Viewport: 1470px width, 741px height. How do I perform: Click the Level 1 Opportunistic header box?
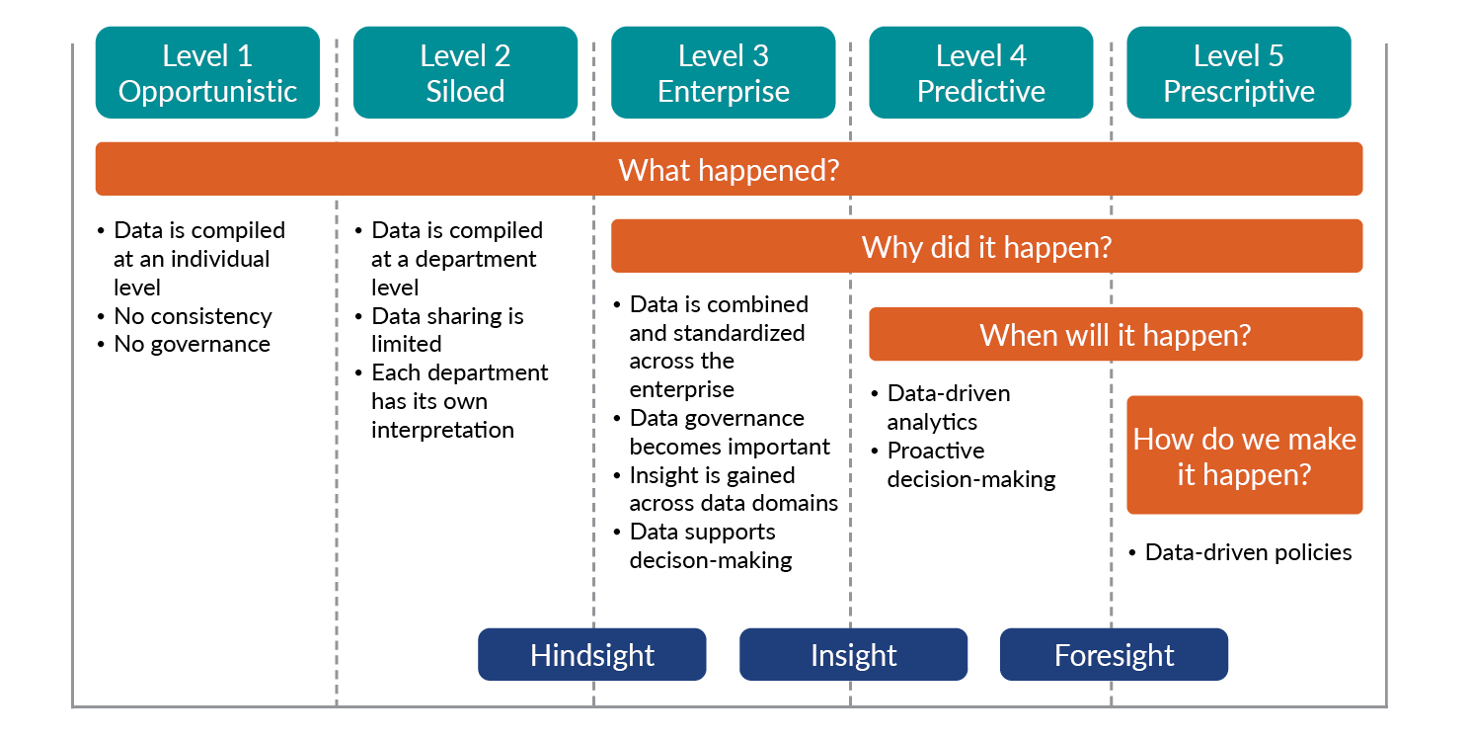(x=207, y=73)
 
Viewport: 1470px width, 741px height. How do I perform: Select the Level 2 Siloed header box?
(x=465, y=73)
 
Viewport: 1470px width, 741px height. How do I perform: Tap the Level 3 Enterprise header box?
(x=723, y=73)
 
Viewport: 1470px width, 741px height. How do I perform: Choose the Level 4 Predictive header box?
(x=980, y=73)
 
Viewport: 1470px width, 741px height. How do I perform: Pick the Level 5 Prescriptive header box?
(x=1238, y=73)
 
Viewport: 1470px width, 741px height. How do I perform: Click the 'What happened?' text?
(x=728, y=170)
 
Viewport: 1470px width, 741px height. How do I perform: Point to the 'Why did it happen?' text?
(x=986, y=247)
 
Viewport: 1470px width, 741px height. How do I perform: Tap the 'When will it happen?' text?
(x=1115, y=335)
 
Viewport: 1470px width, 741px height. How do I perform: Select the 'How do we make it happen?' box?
(x=1244, y=455)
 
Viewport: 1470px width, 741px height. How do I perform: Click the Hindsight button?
(x=591, y=655)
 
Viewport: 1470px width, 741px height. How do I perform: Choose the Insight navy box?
(x=853, y=655)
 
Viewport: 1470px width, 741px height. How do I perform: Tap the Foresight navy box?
(x=1114, y=655)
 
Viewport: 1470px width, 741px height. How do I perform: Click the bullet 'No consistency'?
(x=193, y=316)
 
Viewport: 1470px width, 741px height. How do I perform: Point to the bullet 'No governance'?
(x=192, y=345)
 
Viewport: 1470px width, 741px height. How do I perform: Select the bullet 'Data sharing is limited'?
(x=446, y=330)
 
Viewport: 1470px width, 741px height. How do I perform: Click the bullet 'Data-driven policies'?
(x=1248, y=552)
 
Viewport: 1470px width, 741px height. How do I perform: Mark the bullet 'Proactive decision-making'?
(x=970, y=465)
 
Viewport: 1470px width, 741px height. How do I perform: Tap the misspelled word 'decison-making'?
(x=711, y=561)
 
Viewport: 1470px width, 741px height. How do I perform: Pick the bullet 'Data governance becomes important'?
(x=729, y=433)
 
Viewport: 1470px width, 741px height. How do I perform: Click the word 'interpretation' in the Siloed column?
(x=442, y=431)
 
